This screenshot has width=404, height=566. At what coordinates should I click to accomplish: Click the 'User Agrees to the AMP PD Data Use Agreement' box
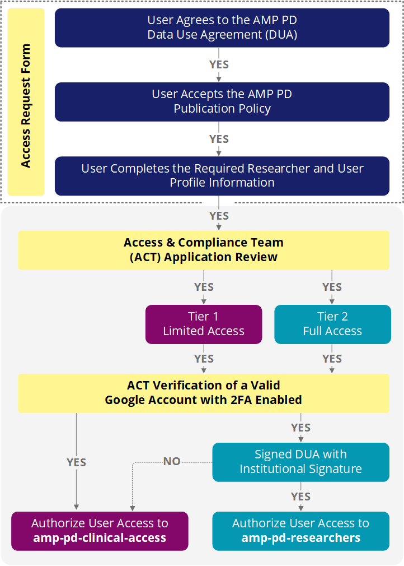[x=222, y=27]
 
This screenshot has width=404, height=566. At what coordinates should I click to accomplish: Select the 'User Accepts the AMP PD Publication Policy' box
[x=222, y=101]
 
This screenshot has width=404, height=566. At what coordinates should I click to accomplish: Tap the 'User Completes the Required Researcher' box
[x=222, y=175]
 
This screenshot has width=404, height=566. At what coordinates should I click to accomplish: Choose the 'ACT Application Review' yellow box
[x=203, y=250]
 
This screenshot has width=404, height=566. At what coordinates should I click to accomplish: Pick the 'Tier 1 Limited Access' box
[x=204, y=324]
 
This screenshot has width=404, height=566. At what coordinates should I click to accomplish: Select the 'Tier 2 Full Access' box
[x=332, y=324]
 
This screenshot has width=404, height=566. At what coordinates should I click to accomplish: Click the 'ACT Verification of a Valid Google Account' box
[x=203, y=393]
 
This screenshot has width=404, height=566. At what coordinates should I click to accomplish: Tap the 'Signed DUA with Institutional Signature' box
[x=300, y=462]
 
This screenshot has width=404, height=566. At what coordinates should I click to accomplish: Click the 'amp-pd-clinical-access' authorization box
[x=100, y=531]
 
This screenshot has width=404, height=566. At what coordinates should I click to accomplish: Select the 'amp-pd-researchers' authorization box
[x=300, y=531]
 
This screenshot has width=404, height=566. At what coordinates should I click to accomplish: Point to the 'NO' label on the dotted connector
[x=172, y=462]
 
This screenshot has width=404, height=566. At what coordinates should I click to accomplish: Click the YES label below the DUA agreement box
[x=219, y=64]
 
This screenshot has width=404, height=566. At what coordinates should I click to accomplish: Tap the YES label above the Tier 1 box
[x=204, y=287]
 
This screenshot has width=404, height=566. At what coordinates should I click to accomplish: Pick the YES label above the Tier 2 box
[x=332, y=287]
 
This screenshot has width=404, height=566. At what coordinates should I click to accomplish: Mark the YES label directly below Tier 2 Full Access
[x=332, y=359]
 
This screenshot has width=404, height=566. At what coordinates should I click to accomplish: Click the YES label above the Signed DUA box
[x=300, y=428]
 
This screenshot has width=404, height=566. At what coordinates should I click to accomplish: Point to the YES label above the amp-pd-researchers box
[x=300, y=497]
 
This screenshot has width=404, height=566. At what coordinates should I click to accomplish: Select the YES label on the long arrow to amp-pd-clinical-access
[x=76, y=462]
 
